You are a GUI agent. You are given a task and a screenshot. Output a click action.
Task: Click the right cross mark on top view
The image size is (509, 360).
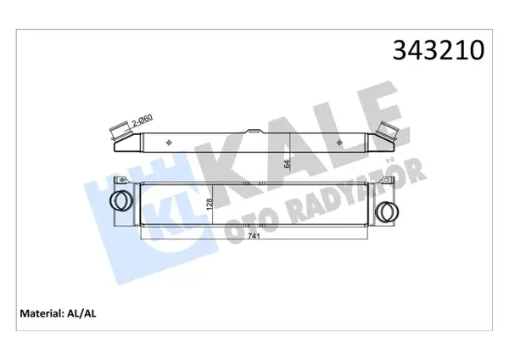[x=339, y=142]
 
